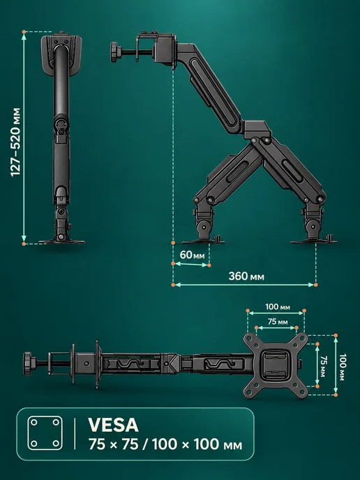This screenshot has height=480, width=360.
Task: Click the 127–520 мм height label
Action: tap(15, 142)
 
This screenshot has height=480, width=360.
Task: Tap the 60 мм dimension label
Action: tap(192, 255)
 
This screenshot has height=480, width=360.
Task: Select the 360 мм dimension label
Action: tap(246, 276)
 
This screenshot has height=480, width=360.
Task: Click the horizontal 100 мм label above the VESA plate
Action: tap(278, 306)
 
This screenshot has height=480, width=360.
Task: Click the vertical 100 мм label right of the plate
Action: tap(343, 367)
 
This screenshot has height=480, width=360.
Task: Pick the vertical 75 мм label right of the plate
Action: tap(323, 366)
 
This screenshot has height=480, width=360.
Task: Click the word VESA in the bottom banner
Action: tap(113, 425)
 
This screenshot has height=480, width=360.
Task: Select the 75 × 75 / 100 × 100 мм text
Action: tap(165, 444)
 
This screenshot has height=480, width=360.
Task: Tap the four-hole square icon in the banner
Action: tap(45, 433)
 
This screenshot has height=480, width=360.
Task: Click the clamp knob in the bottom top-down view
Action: tap(27, 363)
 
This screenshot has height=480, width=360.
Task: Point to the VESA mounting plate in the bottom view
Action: tap(276, 365)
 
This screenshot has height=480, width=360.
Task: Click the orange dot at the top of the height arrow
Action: tap(24, 32)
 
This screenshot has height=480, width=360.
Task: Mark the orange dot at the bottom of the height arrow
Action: tap(24, 243)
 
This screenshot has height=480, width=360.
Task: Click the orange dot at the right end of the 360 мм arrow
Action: tap(315, 285)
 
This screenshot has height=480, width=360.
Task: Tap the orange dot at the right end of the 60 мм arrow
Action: tap(209, 265)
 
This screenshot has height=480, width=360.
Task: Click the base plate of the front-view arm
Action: tap(61, 241)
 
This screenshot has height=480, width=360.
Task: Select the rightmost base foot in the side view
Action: tap(314, 241)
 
